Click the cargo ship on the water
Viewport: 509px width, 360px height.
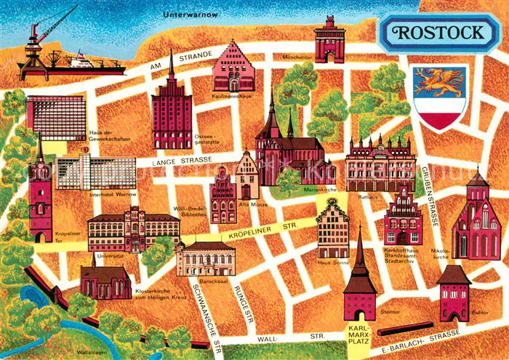tap(95, 63)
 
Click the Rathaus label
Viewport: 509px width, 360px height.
tap(365, 197)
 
